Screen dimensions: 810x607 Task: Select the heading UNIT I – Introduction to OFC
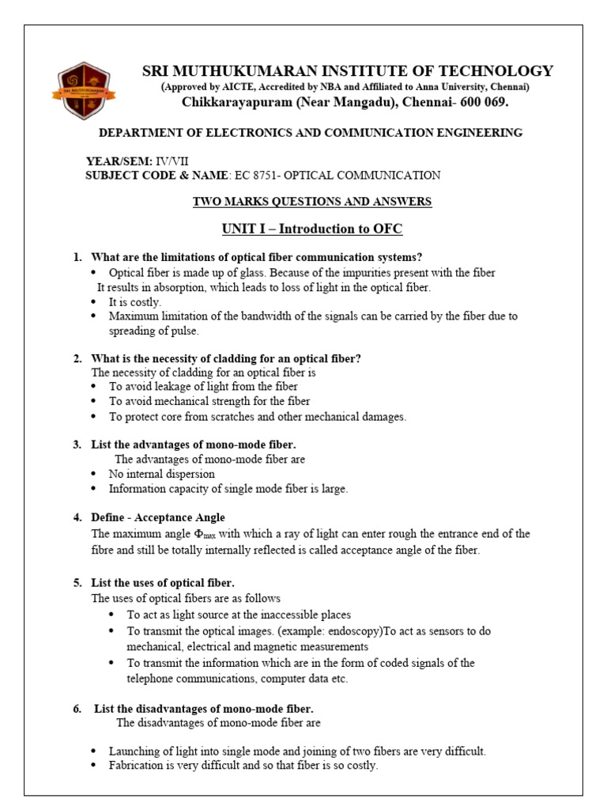click(312, 229)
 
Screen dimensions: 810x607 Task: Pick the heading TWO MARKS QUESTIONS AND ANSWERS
click(312, 202)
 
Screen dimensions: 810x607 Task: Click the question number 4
click(77, 517)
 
